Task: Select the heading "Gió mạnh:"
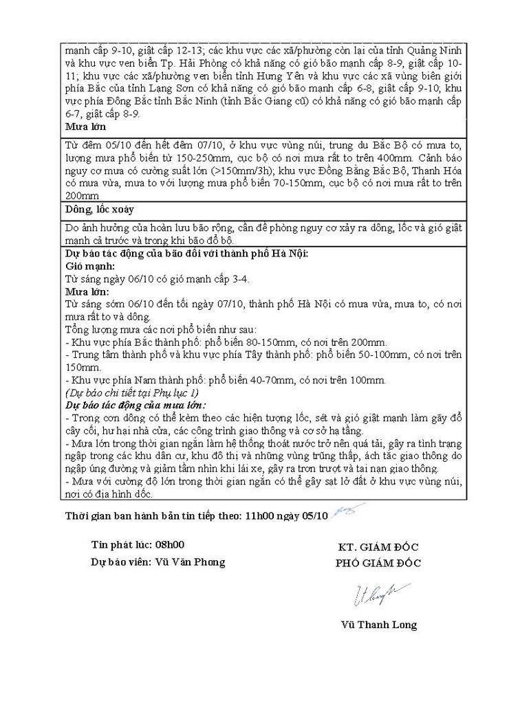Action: pyautogui.click(x=89, y=265)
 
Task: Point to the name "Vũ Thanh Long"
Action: pyautogui.click(x=378, y=625)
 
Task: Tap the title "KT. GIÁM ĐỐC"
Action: pyautogui.click(x=378, y=547)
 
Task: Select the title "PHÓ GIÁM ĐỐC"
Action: pyautogui.click(x=378, y=563)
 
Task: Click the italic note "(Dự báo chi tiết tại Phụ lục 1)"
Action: pyautogui.click(x=131, y=392)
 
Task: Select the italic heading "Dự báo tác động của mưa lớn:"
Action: pyautogui.click(x=136, y=405)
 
